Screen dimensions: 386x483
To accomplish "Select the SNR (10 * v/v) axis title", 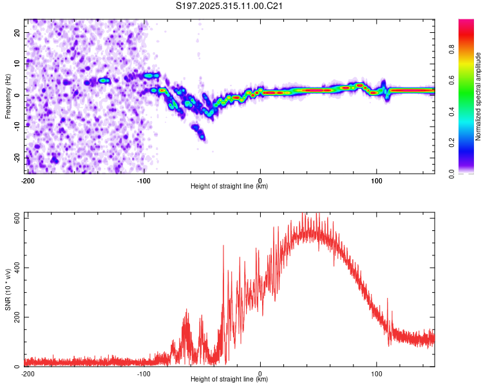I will (8, 289).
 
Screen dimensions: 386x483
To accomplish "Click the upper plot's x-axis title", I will (229, 186).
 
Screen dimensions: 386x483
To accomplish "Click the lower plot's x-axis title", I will (229, 380).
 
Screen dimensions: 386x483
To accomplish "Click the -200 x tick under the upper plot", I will (28, 179).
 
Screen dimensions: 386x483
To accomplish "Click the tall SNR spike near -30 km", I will (223, 246).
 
